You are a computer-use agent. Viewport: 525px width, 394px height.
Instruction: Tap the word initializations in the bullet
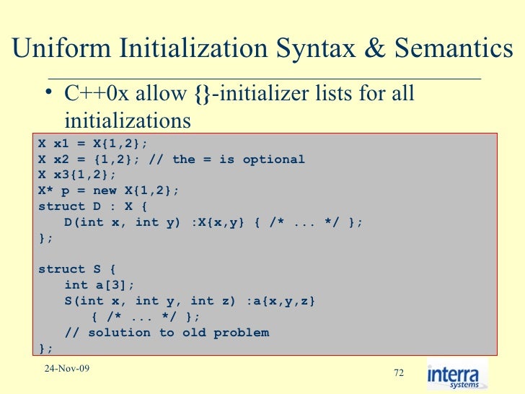click(127, 119)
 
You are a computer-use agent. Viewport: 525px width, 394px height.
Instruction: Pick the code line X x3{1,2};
click(76, 174)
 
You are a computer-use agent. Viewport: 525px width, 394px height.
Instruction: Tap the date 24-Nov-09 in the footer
click(66, 369)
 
